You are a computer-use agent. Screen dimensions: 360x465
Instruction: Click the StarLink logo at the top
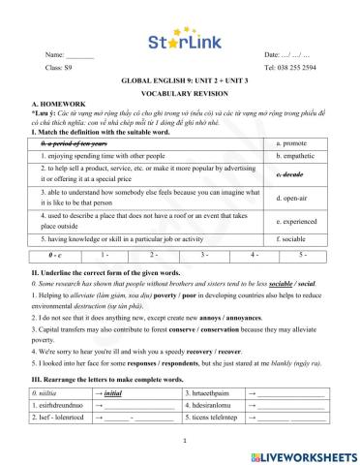(180, 42)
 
